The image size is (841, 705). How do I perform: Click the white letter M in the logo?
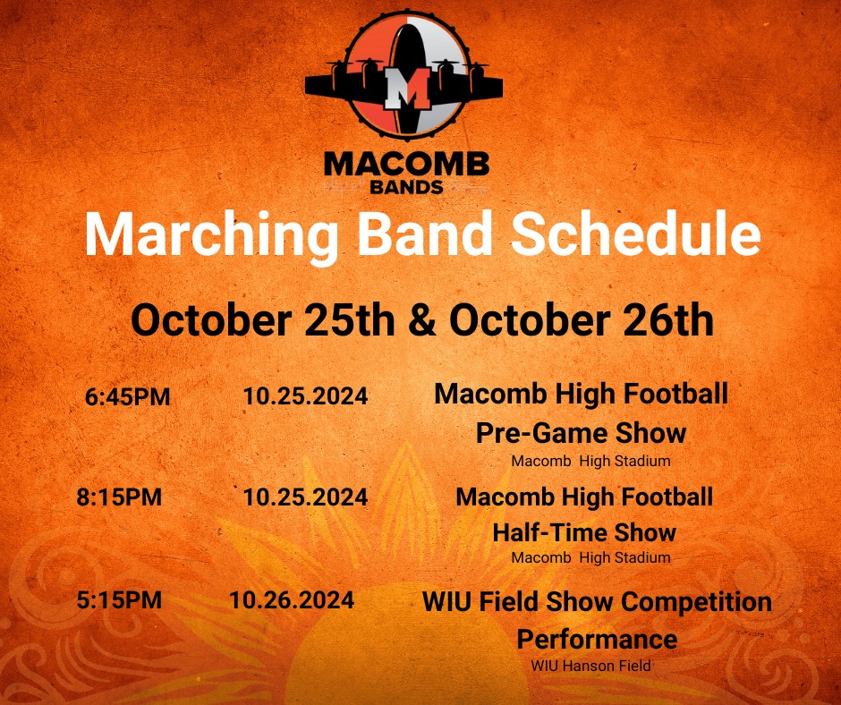tap(404, 88)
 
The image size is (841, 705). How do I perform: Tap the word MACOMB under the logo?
tap(406, 165)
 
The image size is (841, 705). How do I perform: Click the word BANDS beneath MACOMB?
tap(406, 187)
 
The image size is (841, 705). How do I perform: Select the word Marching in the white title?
tap(213, 235)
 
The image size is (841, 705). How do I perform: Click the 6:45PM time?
tap(128, 397)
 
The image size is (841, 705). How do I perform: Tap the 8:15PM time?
tap(119, 497)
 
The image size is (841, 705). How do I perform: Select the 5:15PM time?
tap(119, 600)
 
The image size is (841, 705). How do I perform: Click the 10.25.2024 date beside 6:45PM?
tap(305, 396)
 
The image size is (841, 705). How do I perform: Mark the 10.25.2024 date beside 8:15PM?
tap(305, 497)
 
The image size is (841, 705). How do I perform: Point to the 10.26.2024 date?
tap(291, 599)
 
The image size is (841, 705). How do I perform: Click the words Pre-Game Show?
tap(581, 433)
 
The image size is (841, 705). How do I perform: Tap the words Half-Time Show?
tap(584, 533)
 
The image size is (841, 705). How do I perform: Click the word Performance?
tap(597, 640)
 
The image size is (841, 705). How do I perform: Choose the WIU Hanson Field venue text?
tap(590, 666)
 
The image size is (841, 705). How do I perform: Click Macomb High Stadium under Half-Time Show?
tap(590, 557)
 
